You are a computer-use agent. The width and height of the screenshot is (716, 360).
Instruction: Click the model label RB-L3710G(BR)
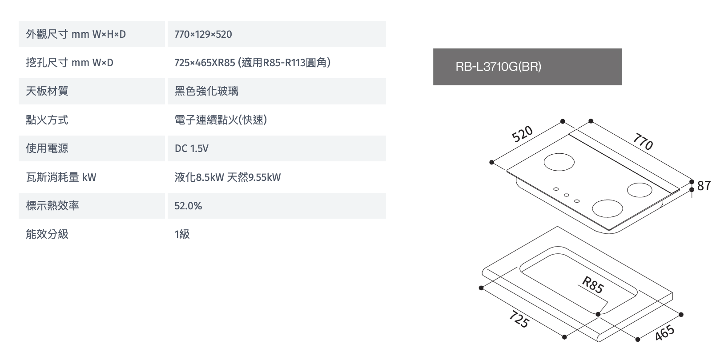click(x=499, y=66)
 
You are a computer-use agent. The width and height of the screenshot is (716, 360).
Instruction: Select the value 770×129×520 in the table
click(x=203, y=34)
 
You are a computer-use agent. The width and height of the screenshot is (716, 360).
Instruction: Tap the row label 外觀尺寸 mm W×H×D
click(x=76, y=34)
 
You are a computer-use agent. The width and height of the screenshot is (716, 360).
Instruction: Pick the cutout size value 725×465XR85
click(x=205, y=63)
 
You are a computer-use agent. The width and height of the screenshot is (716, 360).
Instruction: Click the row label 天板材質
click(x=47, y=91)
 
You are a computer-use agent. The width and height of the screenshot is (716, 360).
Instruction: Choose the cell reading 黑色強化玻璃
click(x=206, y=91)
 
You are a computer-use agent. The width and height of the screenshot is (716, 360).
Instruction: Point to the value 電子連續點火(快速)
click(x=221, y=120)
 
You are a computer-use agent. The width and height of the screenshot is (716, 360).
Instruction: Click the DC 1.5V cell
click(x=192, y=148)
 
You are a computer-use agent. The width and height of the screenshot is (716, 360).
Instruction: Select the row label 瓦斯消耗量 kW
click(x=61, y=177)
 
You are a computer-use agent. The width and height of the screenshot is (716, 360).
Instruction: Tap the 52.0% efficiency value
click(x=188, y=206)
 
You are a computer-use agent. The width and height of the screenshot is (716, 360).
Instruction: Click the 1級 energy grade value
click(x=182, y=234)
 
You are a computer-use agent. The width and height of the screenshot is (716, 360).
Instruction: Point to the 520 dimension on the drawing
click(x=522, y=133)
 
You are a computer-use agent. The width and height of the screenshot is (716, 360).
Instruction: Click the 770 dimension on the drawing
click(x=643, y=142)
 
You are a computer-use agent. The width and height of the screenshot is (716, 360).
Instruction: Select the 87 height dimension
click(x=704, y=186)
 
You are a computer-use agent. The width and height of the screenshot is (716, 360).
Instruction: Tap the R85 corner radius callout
click(x=593, y=284)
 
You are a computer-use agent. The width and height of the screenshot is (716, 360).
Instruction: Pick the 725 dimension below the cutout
click(x=519, y=319)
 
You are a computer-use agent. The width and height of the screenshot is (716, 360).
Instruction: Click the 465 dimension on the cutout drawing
click(x=664, y=333)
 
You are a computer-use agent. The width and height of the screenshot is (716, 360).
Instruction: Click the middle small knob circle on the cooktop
click(x=567, y=195)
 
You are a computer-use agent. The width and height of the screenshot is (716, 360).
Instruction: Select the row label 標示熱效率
click(x=52, y=206)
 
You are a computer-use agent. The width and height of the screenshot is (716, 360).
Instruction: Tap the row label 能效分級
click(x=47, y=234)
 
